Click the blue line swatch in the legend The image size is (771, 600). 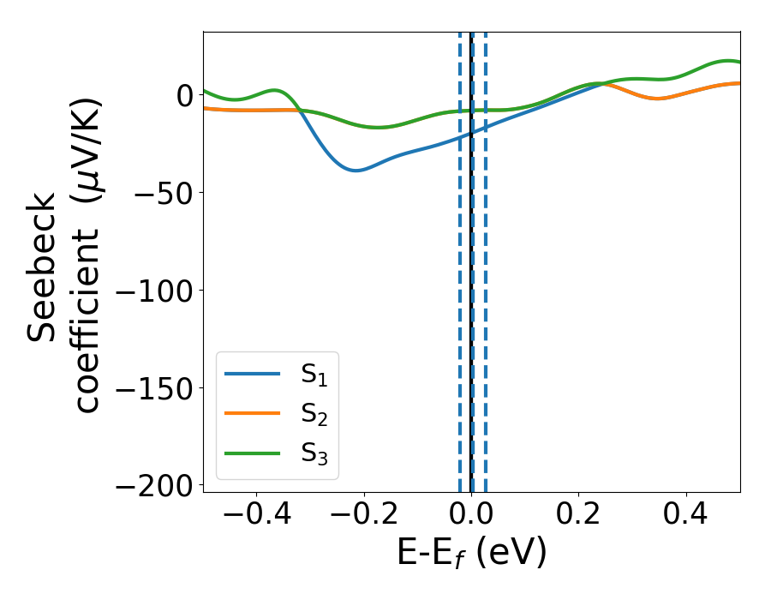[252, 374]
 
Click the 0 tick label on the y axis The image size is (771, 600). [185, 95]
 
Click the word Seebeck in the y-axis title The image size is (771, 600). [44, 267]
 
